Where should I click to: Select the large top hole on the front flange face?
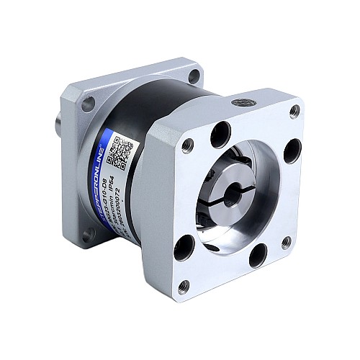(x=220, y=134)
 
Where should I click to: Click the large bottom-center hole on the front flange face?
(x=258, y=255)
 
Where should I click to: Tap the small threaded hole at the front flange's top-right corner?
(x=294, y=111)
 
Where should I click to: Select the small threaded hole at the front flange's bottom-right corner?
(x=286, y=242)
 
